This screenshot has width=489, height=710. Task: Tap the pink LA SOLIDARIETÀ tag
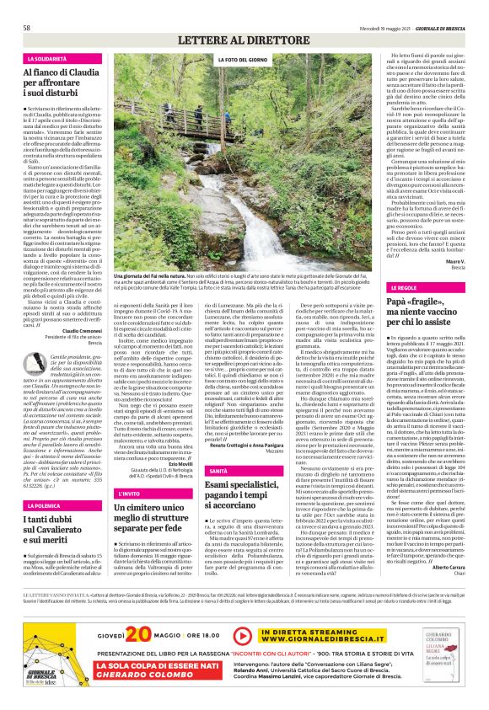click(x=49, y=59)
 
